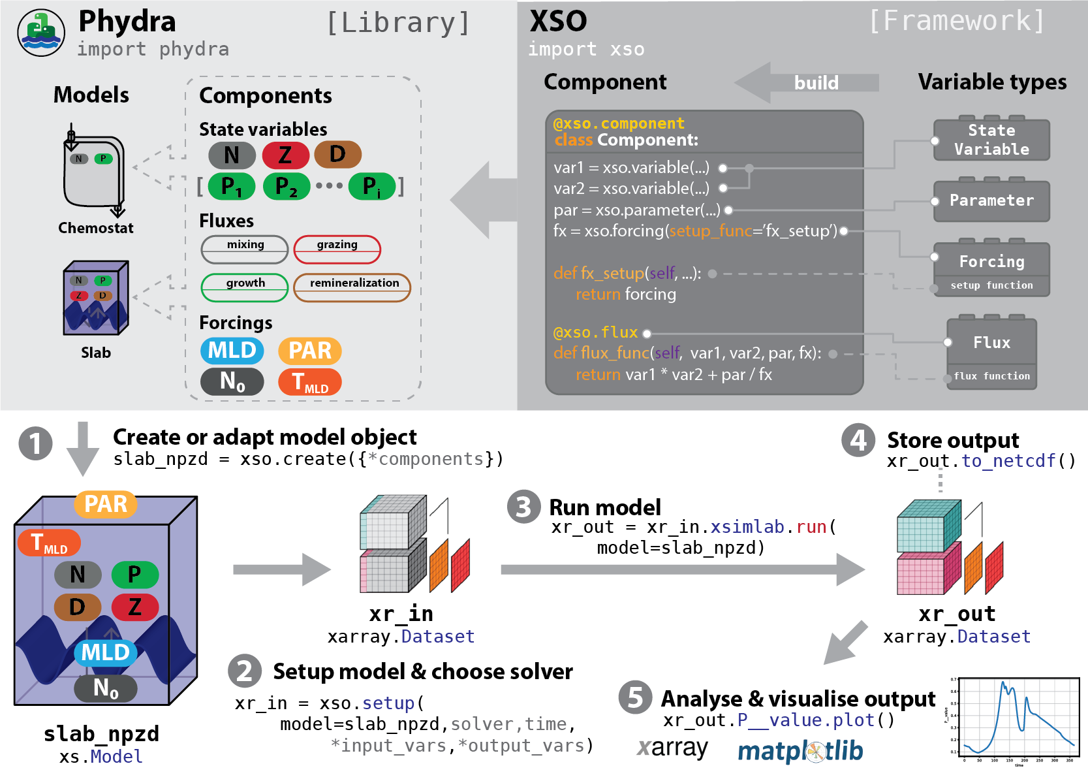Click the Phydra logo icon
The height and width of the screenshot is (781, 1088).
pos(41,33)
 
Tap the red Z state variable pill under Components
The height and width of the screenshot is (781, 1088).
pos(285,155)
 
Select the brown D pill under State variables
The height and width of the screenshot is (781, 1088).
pos(337,154)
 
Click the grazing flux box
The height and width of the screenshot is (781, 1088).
pos(337,249)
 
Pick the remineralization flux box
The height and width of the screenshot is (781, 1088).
pos(352,287)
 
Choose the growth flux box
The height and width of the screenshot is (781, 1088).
pos(245,287)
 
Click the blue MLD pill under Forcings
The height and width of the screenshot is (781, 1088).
pos(232,351)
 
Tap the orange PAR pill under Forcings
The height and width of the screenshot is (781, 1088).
pos(310,351)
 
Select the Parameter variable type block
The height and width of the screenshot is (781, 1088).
pos(991,201)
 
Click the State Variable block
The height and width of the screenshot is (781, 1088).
pos(991,140)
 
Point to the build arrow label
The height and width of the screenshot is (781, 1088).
pos(816,83)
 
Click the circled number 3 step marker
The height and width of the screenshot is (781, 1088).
pos(524,507)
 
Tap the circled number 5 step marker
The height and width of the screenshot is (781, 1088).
pos(635,697)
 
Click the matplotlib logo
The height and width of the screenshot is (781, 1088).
pos(800,752)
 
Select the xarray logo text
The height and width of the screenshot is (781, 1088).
pos(672,748)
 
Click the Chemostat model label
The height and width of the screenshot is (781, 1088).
pos(96,228)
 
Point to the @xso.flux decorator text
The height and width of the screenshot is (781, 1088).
pos(595,332)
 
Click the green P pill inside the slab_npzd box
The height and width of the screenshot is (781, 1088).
pos(135,575)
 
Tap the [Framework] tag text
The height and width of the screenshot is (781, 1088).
pos(957,21)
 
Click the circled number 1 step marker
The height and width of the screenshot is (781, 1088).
pos(35,443)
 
